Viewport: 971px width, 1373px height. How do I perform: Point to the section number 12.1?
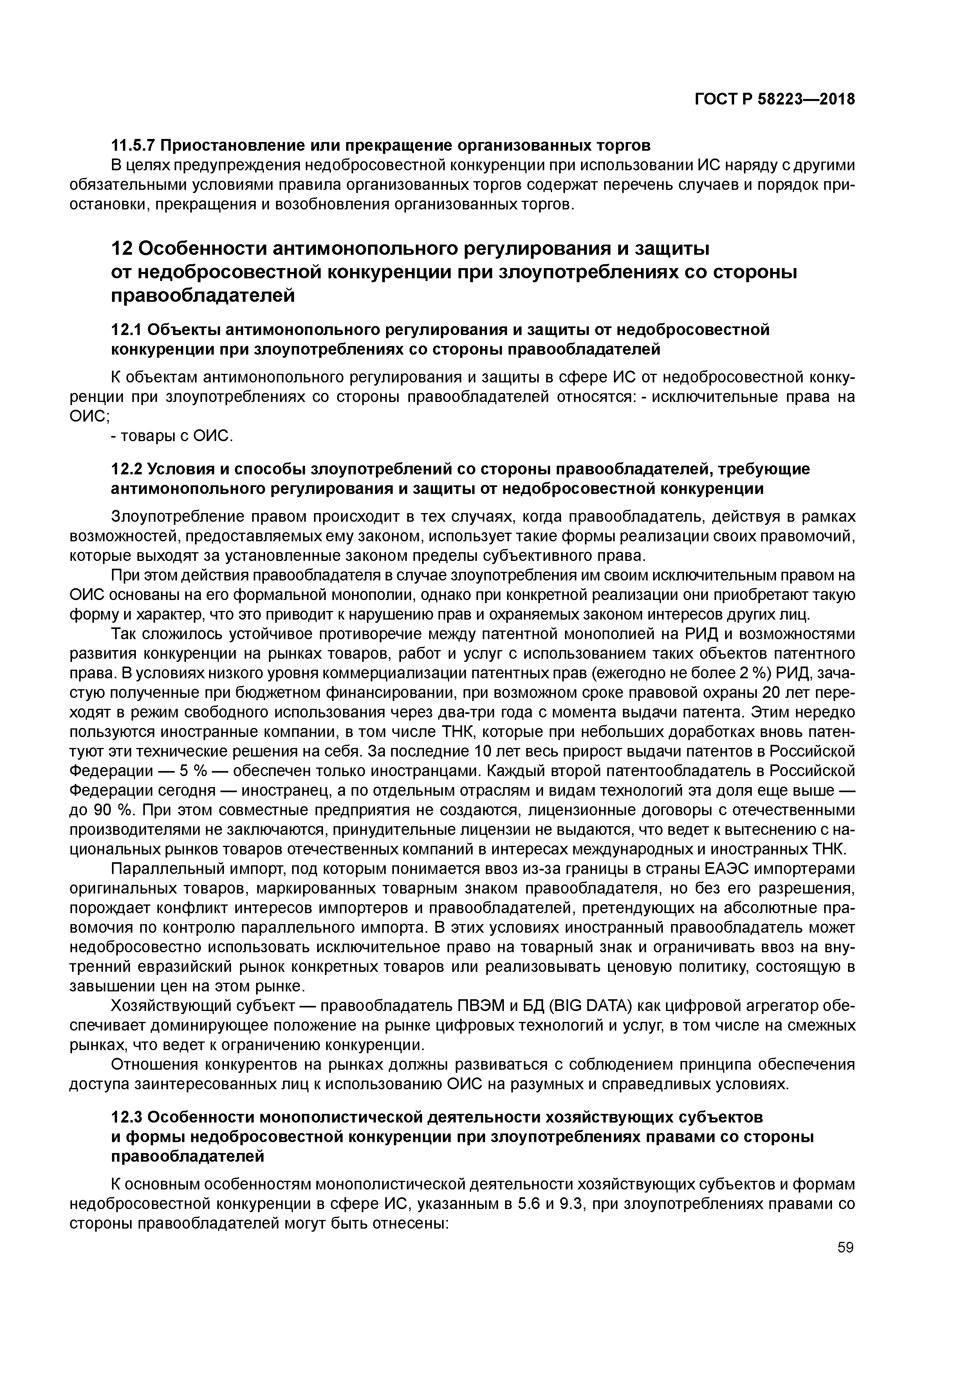(126, 330)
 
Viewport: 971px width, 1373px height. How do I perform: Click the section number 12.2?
(126, 469)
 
